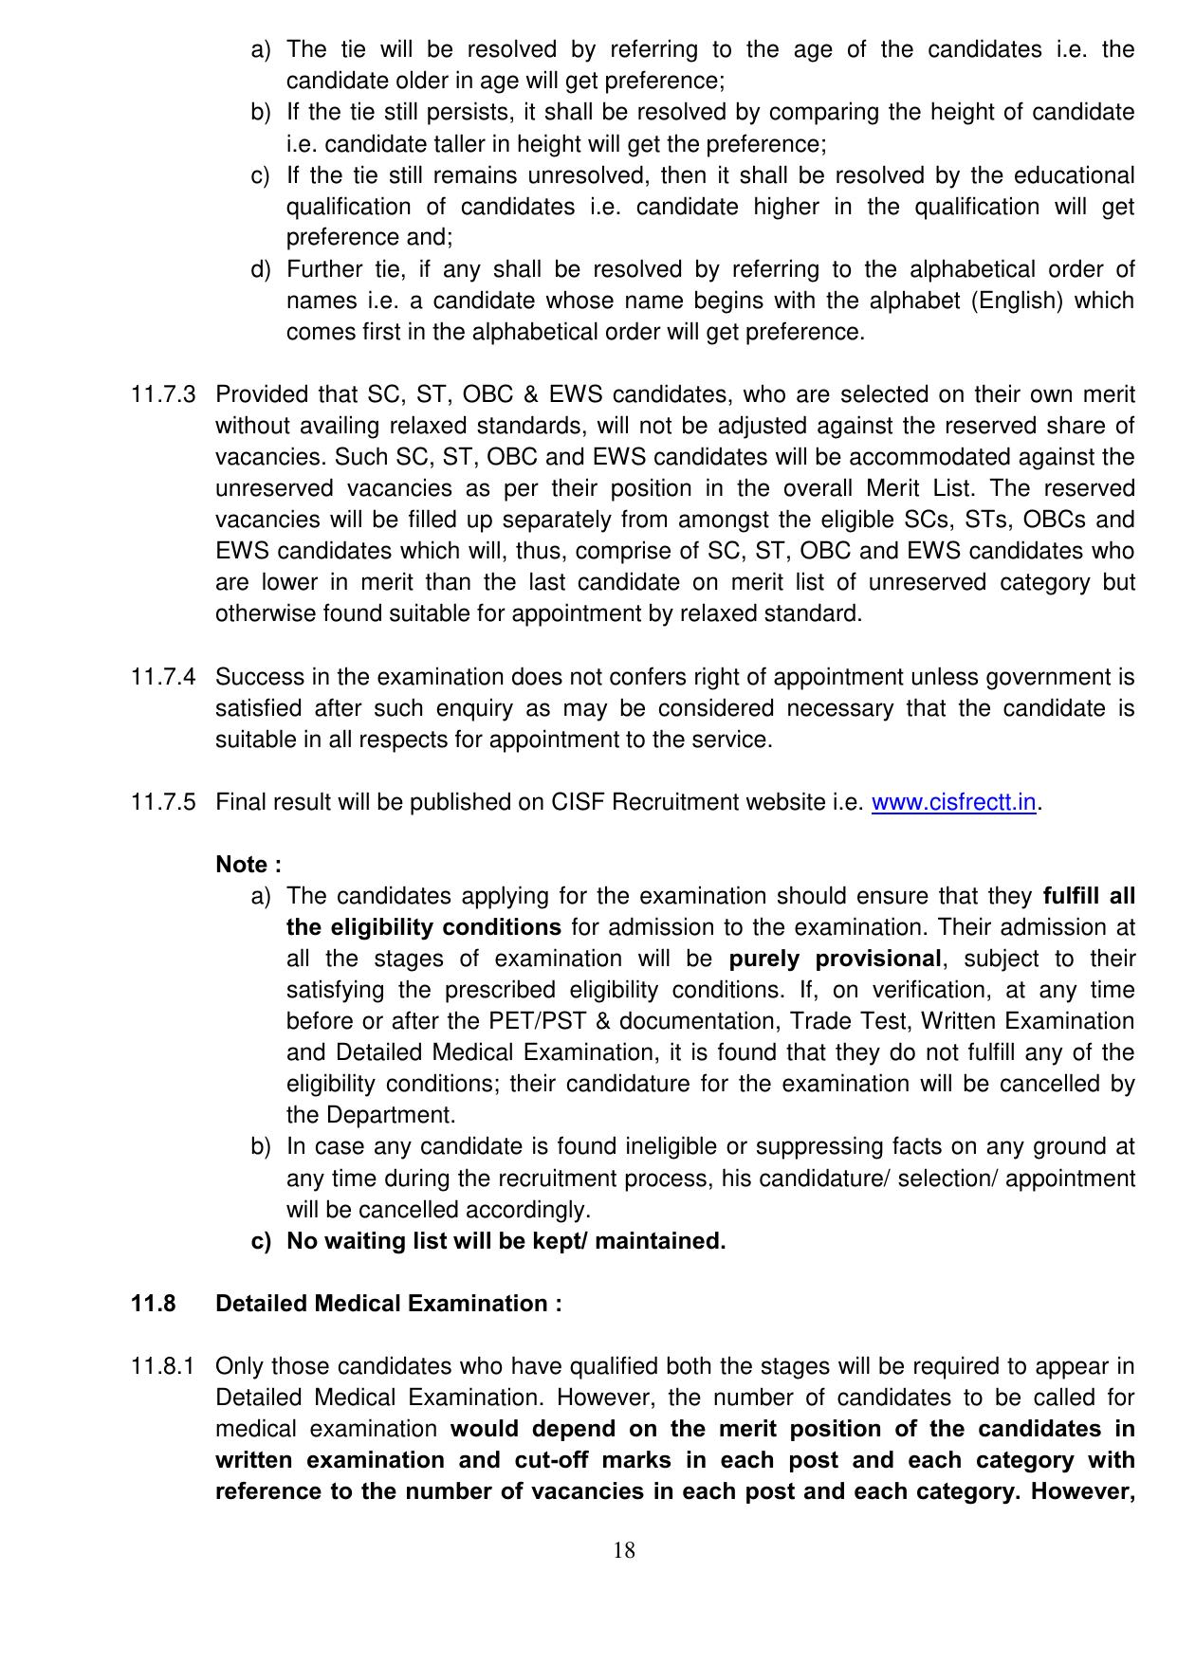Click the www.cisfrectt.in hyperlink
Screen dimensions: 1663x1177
coord(953,803)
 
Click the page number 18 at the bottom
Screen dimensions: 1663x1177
coord(624,1550)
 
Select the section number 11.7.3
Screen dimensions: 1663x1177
coord(163,395)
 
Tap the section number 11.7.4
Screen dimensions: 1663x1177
coord(163,678)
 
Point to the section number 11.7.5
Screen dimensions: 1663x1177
coord(163,803)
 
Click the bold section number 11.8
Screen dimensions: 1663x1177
coord(153,1304)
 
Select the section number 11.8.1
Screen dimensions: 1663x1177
coord(163,1367)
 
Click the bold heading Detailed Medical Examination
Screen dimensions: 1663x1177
coord(388,1304)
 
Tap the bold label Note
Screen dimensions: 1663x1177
coord(248,865)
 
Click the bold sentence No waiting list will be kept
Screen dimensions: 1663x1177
coord(506,1241)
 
